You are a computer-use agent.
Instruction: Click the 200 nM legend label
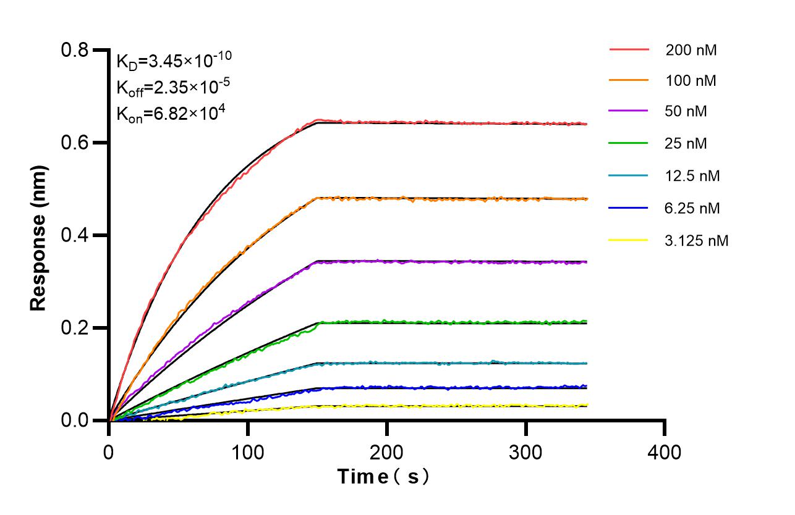tap(691, 51)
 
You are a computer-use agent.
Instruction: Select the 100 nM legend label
tap(691, 81)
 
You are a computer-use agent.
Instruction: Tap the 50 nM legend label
tap(686, 112)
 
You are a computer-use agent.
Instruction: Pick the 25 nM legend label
tap(686, 144)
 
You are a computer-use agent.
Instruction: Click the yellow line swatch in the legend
tap(629, 240)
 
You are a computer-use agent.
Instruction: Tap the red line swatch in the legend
tap(629, 49)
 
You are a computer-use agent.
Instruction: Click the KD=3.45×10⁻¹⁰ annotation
tap(174, 59)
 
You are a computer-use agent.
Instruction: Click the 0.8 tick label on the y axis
tap(76, 50)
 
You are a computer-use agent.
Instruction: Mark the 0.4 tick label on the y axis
tap(76, 235)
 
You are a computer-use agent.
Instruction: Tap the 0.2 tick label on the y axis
tap(76, 328)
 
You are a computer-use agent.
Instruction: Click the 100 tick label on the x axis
tap(248, 452)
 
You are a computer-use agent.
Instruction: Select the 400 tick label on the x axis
tap(665, 452)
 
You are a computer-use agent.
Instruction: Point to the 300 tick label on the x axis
tap(526, 452)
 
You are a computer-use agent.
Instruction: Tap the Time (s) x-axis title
tap(383, 477)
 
